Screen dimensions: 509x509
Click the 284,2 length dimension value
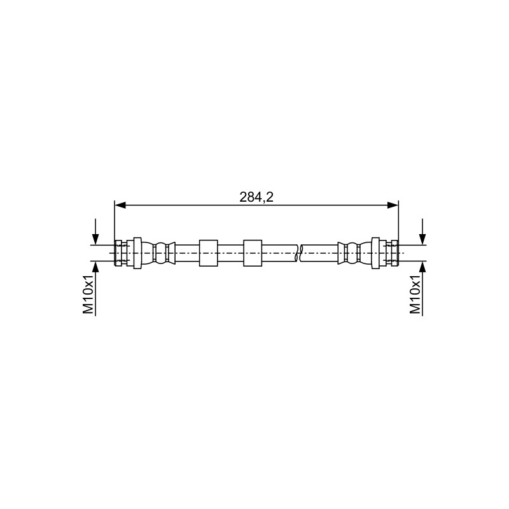click(256, 197)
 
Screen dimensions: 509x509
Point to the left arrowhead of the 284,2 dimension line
click(120, 205)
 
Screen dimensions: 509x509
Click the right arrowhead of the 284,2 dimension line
click(393, 205)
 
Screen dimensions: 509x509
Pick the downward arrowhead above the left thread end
click(95, 240)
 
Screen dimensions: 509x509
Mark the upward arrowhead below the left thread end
click(95, 267)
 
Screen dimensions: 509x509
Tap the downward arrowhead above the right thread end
click(422, 240)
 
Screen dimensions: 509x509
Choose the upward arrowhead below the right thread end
click(422, 267)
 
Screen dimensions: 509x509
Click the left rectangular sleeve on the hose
click(209, 253)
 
